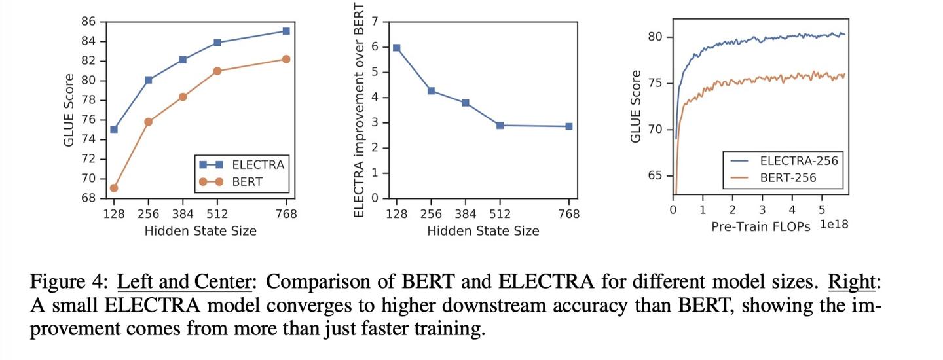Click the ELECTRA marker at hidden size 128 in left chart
tap(114, 129)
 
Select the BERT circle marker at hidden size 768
tap(286, 59)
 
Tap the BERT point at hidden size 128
tap(114, 188)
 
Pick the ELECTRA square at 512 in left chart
tap(217, 43)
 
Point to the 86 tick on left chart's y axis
tap(88, 22)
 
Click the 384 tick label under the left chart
tap(183, 214)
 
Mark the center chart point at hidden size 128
tap(396, 48)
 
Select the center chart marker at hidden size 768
tap(569, 126)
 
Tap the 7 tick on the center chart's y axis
tap(375, 22)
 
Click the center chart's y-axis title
tap(359, 110)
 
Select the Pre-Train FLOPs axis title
tap(761, 226)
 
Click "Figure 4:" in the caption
tap(68, 282)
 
